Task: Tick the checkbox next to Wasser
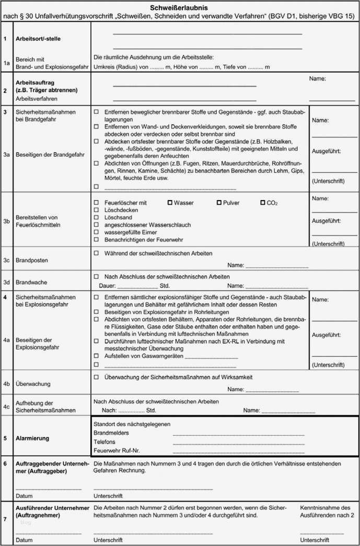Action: coord(170,202)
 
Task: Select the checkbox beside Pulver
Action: coord(219,202)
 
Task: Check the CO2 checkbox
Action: coord(263,202)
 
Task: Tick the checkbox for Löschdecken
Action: coord(96,210)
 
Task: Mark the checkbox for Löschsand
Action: coord(96,217)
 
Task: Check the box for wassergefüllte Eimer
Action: coord(96,232)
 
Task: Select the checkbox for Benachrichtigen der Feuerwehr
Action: coord(96,239)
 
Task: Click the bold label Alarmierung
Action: coord(32,438)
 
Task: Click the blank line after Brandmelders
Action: coord(238,433)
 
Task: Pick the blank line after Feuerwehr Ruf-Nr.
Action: coord(238,450)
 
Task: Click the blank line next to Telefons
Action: coord(238,442)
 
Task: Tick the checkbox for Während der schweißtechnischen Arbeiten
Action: coord(96,253)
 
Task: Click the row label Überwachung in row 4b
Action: coord(33,384)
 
